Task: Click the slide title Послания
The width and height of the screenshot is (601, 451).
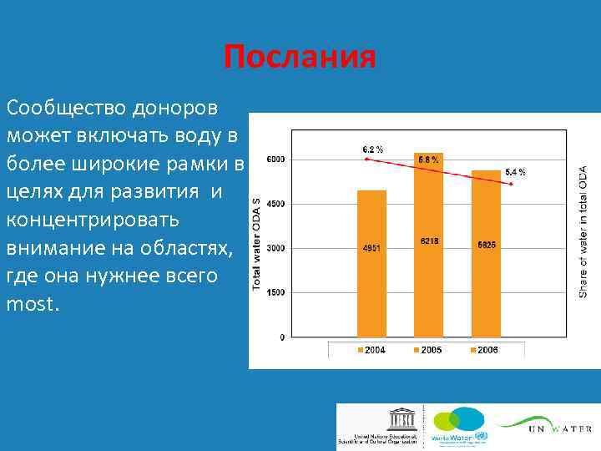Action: pos(300,58)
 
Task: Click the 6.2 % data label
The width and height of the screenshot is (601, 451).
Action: pos(373,149)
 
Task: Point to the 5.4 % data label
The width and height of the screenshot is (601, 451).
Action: pos(515,171)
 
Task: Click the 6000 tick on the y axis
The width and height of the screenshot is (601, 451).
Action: pos(275,159)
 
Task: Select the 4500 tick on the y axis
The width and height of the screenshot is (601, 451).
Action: pos(275,204)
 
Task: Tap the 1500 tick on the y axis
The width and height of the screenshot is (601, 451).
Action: pos(275,292)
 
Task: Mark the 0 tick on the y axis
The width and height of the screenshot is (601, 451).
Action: pos(281,337)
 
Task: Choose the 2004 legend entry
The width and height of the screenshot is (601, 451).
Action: pos(371,350)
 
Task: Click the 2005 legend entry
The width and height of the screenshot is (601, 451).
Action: pos(428,350)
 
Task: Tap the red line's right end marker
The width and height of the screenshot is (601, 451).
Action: pos(511,184)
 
